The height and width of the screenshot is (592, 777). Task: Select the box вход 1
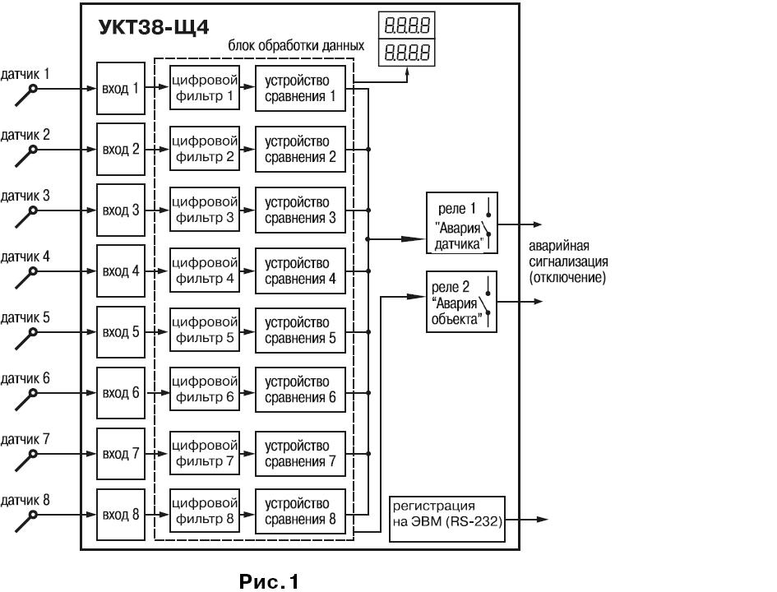119,88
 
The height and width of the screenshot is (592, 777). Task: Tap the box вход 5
119,331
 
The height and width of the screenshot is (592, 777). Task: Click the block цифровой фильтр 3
205,210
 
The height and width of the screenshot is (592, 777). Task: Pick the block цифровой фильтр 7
205,453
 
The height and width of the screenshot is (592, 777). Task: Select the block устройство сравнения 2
300,149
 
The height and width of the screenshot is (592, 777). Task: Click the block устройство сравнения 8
300,511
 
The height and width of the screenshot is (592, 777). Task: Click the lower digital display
406,54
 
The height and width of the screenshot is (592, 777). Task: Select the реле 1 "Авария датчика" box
461,223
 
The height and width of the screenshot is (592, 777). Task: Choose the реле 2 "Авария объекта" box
461,302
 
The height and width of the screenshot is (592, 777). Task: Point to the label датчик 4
25,257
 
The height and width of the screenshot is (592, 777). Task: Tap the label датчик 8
25,500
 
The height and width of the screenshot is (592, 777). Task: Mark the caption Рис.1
269,582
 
